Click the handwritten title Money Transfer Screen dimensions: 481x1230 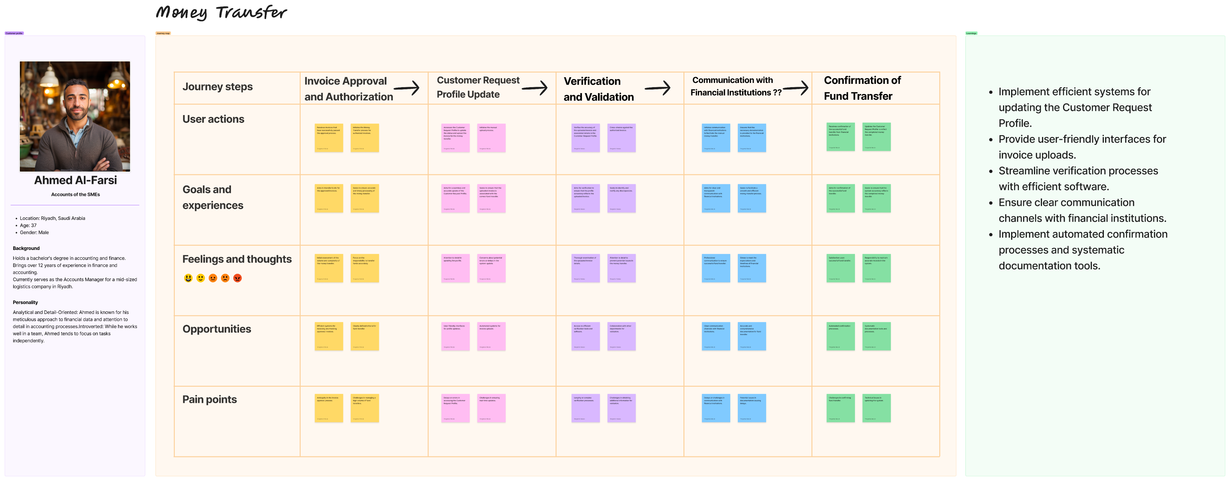tap(221, 12)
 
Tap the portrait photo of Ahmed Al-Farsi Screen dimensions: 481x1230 tap(75, 116)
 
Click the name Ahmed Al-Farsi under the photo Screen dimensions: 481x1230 tap(75, 180)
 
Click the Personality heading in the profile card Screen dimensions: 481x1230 tap(25, 302)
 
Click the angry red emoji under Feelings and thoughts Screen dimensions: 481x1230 tap(237, 278)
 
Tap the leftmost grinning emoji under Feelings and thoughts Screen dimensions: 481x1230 tap(188, 278)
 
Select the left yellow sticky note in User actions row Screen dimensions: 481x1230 tap(329, 138)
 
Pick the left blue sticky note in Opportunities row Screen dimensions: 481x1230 tap(715, 336)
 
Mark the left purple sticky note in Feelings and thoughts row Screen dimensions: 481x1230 tap(585, 268)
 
